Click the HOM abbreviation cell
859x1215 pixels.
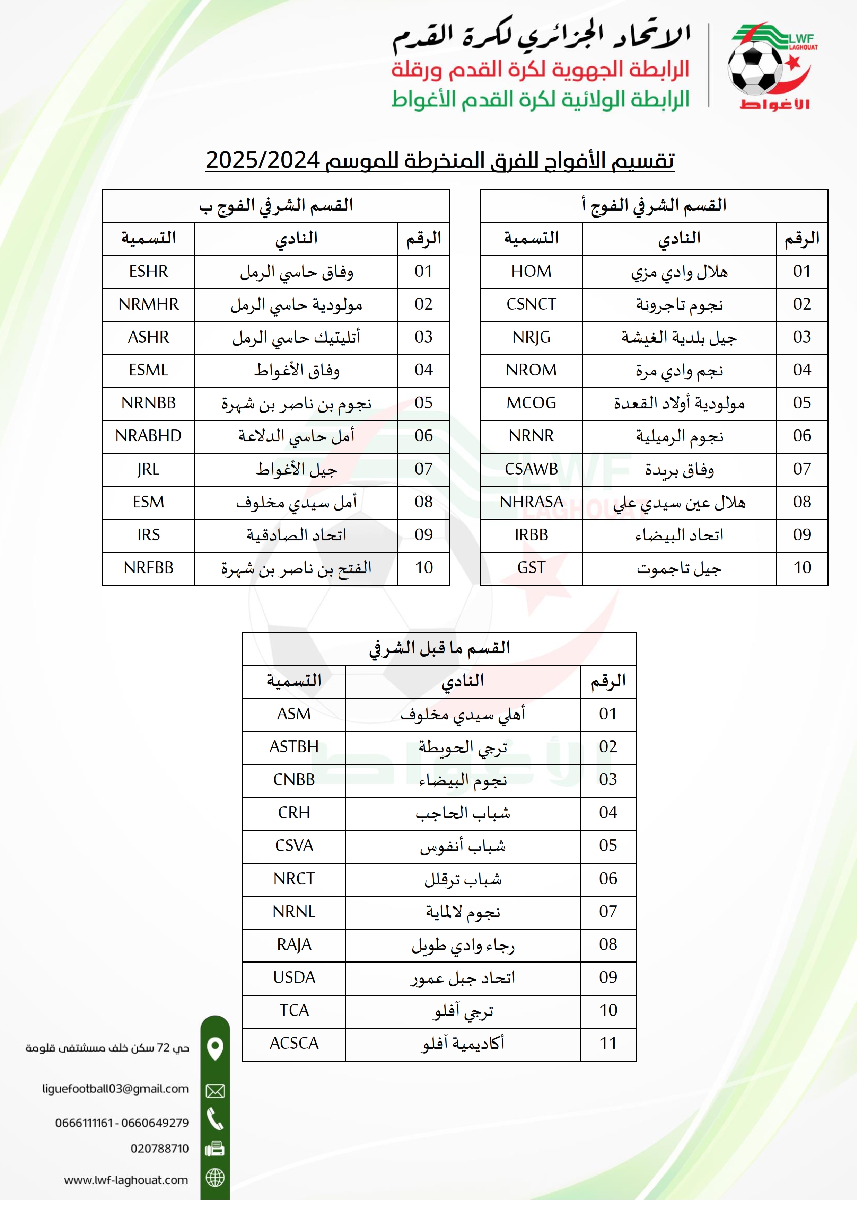532,272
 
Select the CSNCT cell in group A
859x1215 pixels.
532,304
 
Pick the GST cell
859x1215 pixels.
532,568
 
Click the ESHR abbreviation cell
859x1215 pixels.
149,272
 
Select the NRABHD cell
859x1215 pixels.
149,436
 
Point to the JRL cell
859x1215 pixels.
149,469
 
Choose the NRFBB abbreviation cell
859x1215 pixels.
149,568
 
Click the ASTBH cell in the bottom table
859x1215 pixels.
294,747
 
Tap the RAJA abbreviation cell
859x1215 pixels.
294,944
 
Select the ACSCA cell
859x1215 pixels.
294,1043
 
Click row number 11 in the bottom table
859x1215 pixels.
608,1043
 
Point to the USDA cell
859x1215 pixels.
294,977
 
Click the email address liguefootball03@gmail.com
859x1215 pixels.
115,1089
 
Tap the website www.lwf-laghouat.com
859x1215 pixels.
126,1180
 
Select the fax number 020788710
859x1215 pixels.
159,1148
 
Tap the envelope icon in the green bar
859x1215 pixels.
215,1091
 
